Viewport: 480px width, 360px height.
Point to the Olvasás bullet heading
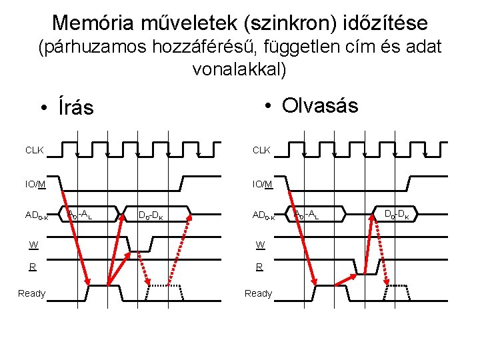click(x=319, y=105)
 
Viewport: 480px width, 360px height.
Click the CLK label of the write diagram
click(x=35, y=150)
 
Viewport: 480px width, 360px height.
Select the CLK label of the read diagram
click(x=261, y=150)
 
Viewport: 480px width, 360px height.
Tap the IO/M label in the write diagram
click(x=35, y=183)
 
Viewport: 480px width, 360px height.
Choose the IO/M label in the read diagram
click(x=262, y=183)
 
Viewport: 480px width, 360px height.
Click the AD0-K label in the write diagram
click(x=37, y=215)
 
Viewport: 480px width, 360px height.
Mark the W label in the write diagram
click(x=33, y=245)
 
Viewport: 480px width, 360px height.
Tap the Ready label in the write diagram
click(x=32, y=293)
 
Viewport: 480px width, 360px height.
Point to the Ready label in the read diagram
click(x=259, y=293)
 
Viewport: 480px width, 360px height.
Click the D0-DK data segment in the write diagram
click(x=153, y=215)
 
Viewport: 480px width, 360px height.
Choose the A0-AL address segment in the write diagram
click(x=79, y=214)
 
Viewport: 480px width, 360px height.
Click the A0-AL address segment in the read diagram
click(x=306, y=214)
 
